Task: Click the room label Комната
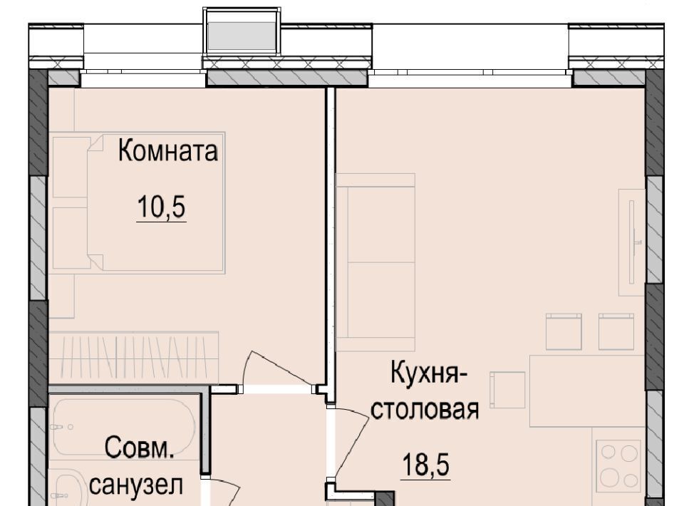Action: pyautogui.click(x=168, y=151)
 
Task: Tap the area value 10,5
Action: pyautogui.click(x=162, y=207)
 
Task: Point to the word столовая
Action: pyautogui.click(x=425, y=410)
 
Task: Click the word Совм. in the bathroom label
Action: pyautogui.click(x=140, y=448)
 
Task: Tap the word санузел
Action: pyautogui.click(x=136, y=485)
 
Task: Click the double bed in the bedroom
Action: pyautogui.click(x=156, y=203)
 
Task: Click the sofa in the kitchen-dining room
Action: pyautogui.click(x=375, y=262)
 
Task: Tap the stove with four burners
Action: pyautogui.click(x=618, y=465)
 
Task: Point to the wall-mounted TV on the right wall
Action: pyautogui.click(x=632, y=242)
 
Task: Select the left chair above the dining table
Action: pyautogui.click(x=564, y=331)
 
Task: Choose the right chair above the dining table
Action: pyautogui.click(x=616, y=331)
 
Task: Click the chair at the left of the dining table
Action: pyautogui.click(x=507, y=390)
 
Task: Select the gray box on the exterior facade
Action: pyautogui.click(x=242, y=38)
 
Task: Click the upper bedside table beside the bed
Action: pyautogui.click(x=71, y=167)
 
